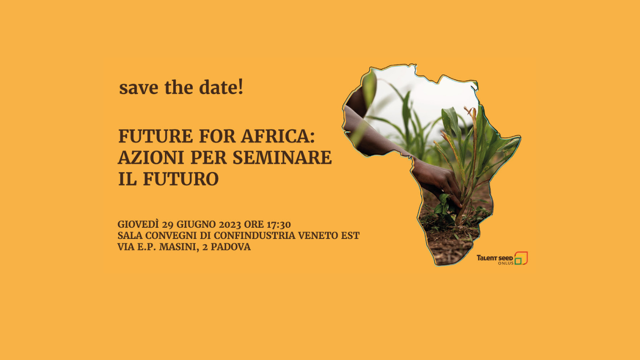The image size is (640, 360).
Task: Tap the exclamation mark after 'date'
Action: (240, 87)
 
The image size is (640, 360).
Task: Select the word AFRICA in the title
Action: (278, 136)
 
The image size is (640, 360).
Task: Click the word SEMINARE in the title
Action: (283, 157)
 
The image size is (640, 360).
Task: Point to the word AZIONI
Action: (151, 157)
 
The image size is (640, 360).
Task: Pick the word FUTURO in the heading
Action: (181, 179)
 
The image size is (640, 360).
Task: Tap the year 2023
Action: (230, 225)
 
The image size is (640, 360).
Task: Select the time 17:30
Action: (279, 225)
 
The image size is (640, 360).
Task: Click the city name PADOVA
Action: (231, 247)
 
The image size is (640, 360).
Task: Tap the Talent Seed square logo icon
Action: (521, 258)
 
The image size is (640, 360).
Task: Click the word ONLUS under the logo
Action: (506, 263)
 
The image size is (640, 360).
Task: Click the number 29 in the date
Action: (168, 225)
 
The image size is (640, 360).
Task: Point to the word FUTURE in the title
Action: (156, 136)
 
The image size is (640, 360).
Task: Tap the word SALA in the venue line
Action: (130, 236)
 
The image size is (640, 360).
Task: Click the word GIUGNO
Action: (196, 225)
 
